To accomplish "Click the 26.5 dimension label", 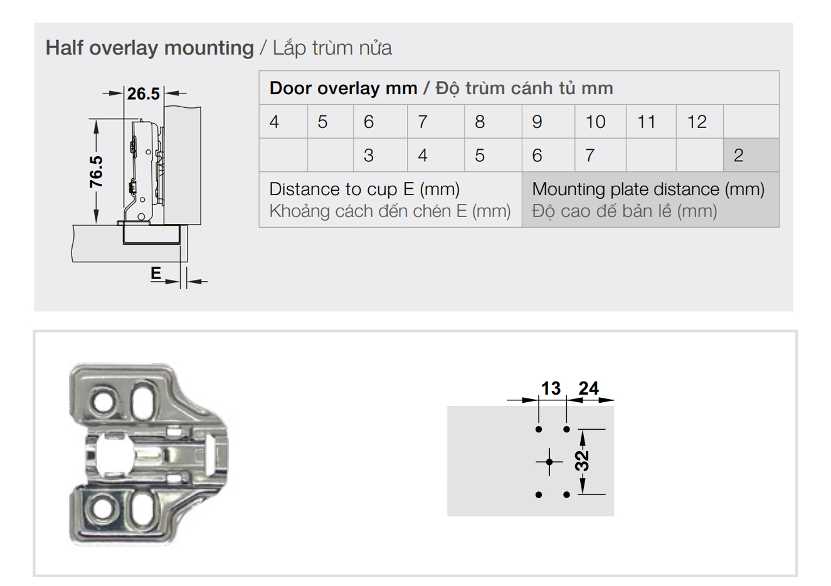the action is click(x=143, y=93).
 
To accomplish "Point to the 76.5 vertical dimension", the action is click(x=96, y=172).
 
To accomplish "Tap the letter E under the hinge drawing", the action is click(x=156, y=274).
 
